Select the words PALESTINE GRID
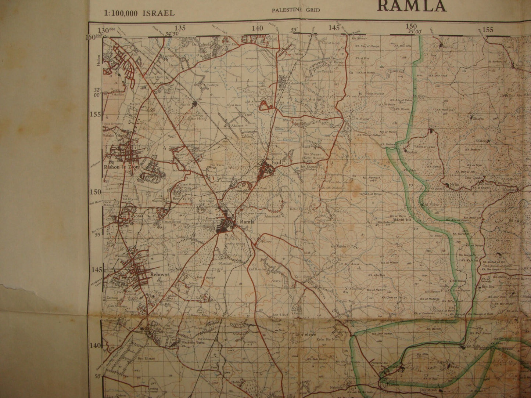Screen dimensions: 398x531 point(295,10)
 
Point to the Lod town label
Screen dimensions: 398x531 point(276,162)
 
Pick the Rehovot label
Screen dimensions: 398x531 point(158,274)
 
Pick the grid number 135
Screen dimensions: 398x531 point(180,28)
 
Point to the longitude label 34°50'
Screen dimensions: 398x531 point(173,34)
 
